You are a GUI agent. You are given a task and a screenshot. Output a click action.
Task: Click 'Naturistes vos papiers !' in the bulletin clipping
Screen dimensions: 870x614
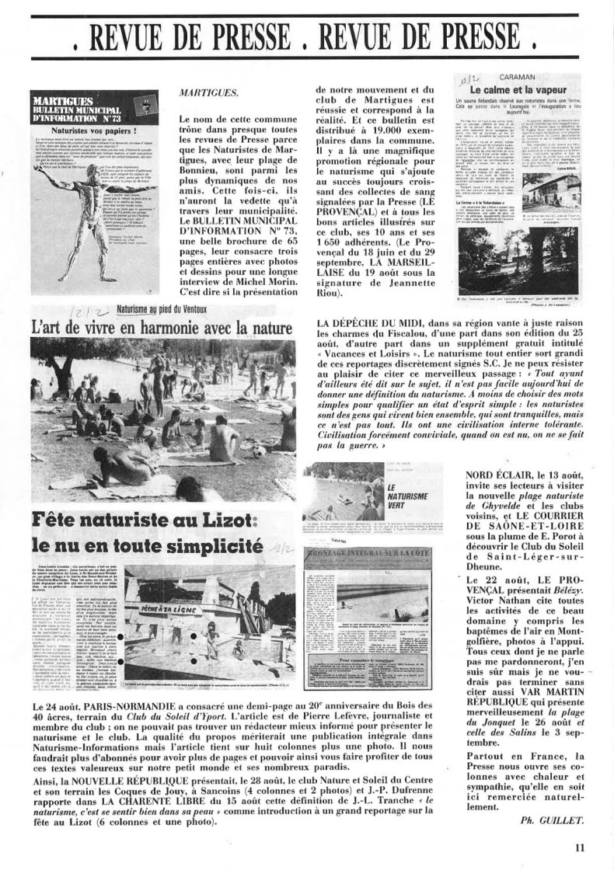[85, 132]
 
